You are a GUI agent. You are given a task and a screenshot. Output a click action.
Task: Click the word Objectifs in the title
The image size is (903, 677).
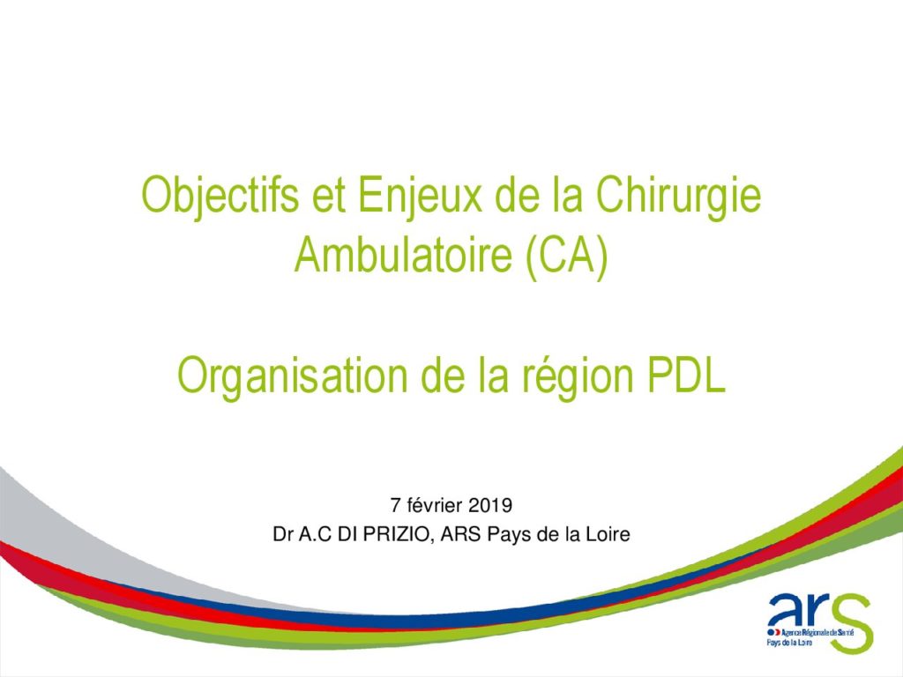tap(220, 197)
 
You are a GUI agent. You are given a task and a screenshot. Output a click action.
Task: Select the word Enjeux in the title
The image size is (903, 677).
tap(420, 197)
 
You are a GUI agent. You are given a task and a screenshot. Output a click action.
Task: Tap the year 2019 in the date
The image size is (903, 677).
tap(490, 505)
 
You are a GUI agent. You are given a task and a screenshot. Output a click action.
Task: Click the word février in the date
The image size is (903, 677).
tap(434, 505)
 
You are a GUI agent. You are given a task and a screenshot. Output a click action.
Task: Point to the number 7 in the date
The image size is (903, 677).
tap(395, 505)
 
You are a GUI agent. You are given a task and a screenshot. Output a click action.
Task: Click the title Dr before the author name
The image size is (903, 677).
tap(283, 535)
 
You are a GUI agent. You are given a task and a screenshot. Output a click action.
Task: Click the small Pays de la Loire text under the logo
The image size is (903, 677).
tap(789, 642)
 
